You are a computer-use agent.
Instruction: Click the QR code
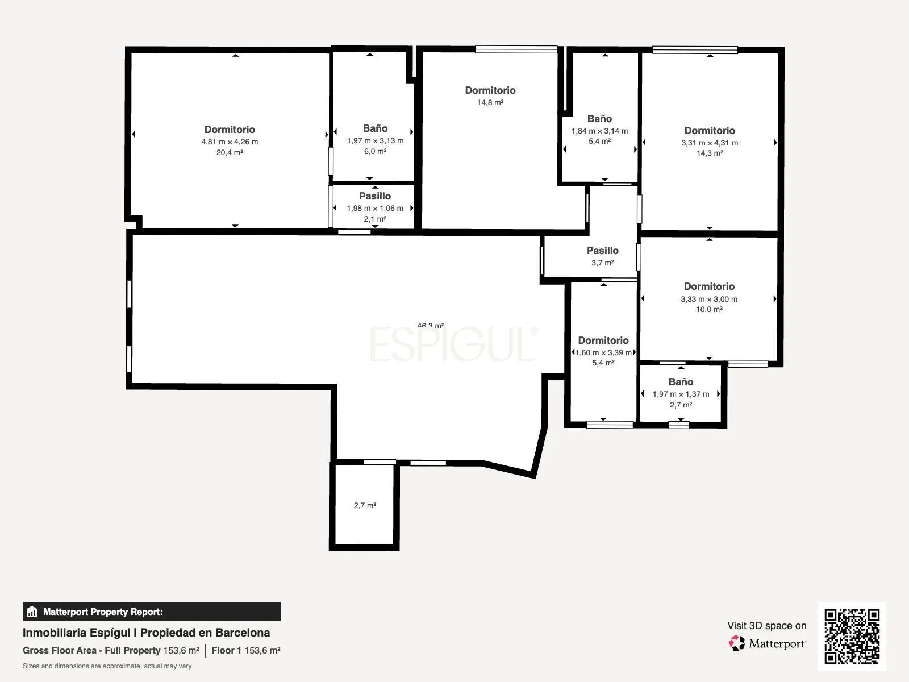pos(852,637)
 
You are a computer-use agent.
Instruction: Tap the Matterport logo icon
pos(737,643)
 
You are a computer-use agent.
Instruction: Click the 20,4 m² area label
pos(230,152)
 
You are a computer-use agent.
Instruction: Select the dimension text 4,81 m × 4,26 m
pos(230,142)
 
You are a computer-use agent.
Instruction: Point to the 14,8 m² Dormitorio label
pos(490,90)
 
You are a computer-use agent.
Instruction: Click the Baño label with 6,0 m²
pos(375,128)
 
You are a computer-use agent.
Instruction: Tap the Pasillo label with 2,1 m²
pos(375,196)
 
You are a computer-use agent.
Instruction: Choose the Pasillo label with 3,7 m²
pos(603,251)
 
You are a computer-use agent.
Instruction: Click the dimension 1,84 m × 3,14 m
pos(599,131)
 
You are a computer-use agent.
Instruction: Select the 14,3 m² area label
pos(710,153)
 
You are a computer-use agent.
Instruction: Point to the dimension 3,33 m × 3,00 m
pos(709,299)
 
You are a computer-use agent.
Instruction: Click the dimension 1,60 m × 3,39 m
pos(603,352)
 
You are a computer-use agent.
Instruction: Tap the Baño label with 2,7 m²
pos(681,382)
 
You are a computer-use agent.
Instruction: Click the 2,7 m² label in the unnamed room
pos(365,505)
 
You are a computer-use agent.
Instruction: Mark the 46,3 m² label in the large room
pos(430,326)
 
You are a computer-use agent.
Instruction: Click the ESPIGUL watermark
pos(453,344)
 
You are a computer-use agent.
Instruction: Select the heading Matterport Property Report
pos(103,612)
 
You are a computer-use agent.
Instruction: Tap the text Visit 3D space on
pos(766,626)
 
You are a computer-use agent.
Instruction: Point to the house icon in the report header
pos(32,612)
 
